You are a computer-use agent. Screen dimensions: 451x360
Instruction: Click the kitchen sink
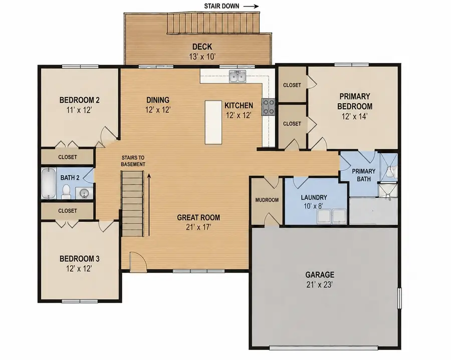[x=238, y=77]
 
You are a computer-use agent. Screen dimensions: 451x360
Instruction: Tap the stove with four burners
[x=268, y=107]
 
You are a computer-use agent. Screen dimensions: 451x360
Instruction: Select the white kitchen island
[x=213, y=122]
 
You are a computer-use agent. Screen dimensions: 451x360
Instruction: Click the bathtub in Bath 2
[x=49, y=183]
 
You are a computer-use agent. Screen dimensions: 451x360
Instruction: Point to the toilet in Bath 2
[x=66, y=192]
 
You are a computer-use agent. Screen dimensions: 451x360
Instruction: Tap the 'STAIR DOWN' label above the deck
[x=221, y=6]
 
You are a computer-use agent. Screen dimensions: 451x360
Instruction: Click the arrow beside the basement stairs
[x=149, y=204]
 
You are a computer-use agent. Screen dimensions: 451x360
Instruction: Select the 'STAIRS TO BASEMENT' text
[x=133, y=161]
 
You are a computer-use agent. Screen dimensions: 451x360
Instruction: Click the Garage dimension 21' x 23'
[x=320, y=284]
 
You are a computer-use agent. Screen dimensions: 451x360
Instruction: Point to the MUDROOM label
[x=267, y=200]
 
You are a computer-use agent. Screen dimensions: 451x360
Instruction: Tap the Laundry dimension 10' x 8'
[x=314, y=206]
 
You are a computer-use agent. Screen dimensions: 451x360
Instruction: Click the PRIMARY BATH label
[x=364, y=175]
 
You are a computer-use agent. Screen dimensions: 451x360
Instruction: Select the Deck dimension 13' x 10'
[x=202, y=57]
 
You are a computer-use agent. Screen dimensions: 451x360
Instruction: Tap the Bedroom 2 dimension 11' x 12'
[x=79, y=110]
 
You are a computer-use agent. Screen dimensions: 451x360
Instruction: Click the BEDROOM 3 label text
[x=79, y=258]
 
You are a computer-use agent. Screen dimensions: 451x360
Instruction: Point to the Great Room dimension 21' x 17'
[x=198, y=227]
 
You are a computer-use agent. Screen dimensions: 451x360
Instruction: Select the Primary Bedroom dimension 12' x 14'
[x=355, y=116]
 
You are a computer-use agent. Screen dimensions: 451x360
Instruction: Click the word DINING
[x=158, y=100]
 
